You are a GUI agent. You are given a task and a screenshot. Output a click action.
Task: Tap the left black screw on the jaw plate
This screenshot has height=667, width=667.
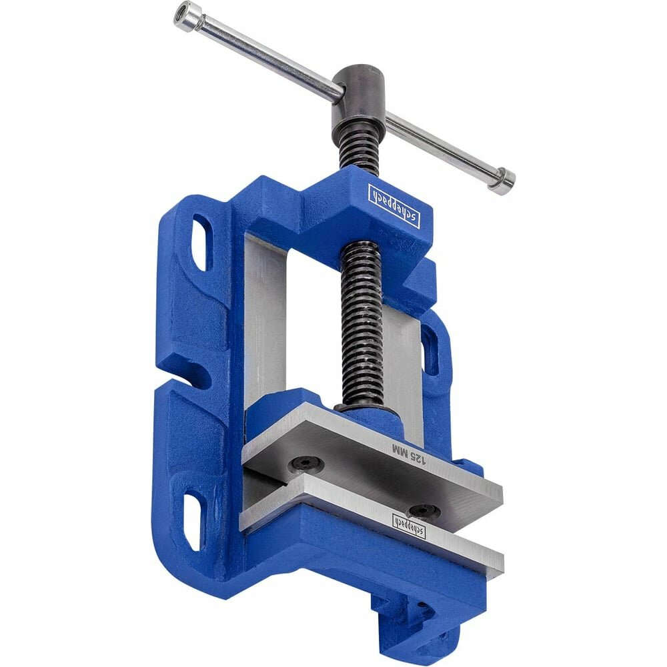[x=305, y=464]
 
